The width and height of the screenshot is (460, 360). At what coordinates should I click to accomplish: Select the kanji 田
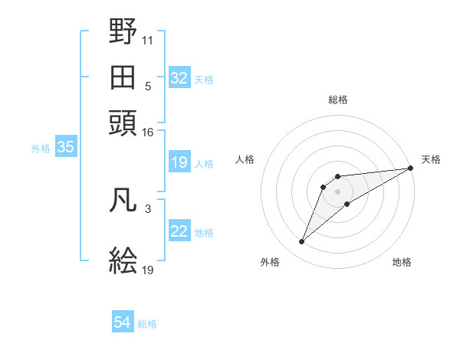tap(123, 77)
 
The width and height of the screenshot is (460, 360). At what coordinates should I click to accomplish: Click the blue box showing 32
tap(179, 78)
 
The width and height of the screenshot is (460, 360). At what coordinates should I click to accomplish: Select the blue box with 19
tap(179, 162)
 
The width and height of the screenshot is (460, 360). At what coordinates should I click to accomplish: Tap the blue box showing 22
tap(179, 232)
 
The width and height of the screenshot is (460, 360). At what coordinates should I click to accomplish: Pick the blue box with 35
tap(65, 148)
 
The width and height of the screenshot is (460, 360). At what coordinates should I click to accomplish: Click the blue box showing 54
tap(123, 322)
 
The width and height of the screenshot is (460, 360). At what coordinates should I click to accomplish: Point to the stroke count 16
tap(147, 133)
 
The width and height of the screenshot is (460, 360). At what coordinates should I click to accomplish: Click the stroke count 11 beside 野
tap(148, 38)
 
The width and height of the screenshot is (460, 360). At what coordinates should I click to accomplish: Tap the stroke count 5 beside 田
tap(148, 86)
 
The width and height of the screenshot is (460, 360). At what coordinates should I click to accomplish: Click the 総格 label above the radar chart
tap(338, 100)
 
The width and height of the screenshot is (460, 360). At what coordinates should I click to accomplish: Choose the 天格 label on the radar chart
tap(431, 159)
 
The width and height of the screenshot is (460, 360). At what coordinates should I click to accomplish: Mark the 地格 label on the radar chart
tap(402, 262)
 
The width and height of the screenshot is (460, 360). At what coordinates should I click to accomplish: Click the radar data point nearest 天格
tap(411, 169)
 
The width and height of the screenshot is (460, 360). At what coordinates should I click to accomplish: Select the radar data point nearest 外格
tap(302, 242)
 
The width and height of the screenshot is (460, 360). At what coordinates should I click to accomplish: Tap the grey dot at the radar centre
tap(338, 191)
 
